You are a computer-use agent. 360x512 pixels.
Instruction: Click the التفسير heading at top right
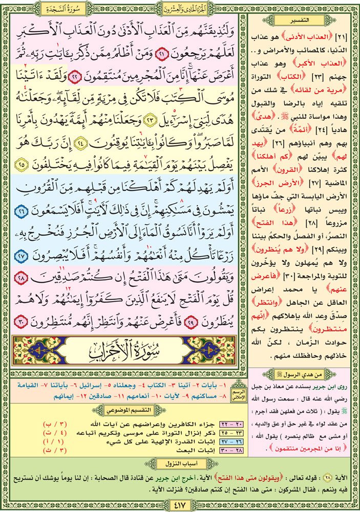(303, 19)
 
